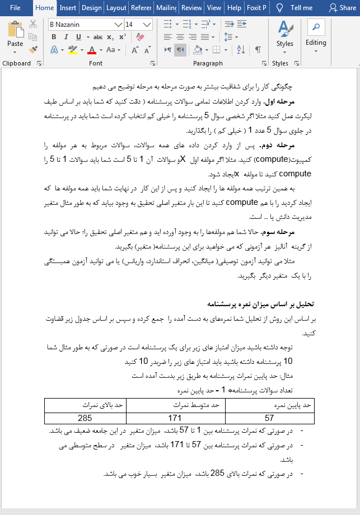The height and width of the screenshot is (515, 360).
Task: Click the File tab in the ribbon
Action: pos(15,8)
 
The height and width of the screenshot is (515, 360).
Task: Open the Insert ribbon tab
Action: pos(68,8)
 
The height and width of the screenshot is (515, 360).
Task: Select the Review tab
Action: pos(192,8)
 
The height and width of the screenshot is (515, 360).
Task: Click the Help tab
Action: pos(235,8)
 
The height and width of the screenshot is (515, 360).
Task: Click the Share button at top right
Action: pos(343,8)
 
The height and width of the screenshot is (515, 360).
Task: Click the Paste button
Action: pos(15,36)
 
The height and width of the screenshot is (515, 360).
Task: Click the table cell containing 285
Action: pos(85,418)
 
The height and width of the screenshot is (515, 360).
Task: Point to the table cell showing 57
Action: pos(269,418)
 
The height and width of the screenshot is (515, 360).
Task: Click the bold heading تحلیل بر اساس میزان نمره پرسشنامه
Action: pos(261,305)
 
